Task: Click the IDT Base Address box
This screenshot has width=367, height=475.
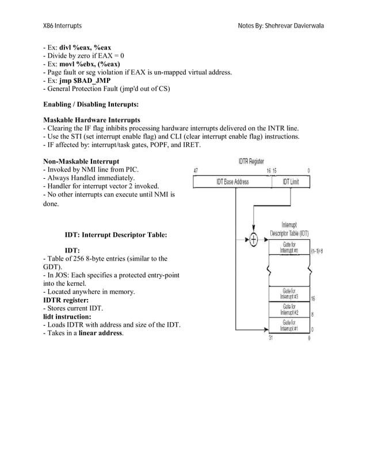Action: click(x=232, y=182)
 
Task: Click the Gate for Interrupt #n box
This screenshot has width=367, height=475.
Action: click(x=289, y=248)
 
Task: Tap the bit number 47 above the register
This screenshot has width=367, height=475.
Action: click(x=196, y=171)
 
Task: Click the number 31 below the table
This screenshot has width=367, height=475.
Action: click(x=270, y=339)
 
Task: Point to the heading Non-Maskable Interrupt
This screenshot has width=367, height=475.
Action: click(x=81, y=162)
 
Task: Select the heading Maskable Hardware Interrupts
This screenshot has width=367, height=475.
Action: click(x=92, y=119)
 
